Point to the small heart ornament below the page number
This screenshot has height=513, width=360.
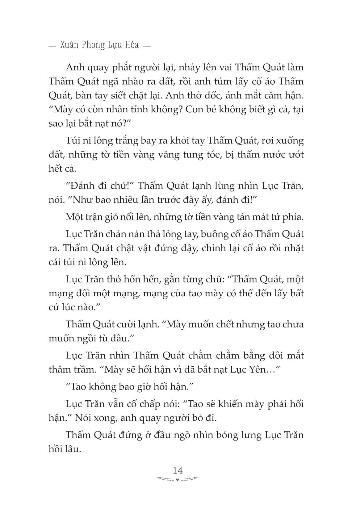click(177, 480)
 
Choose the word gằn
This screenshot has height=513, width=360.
click(157, 280)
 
